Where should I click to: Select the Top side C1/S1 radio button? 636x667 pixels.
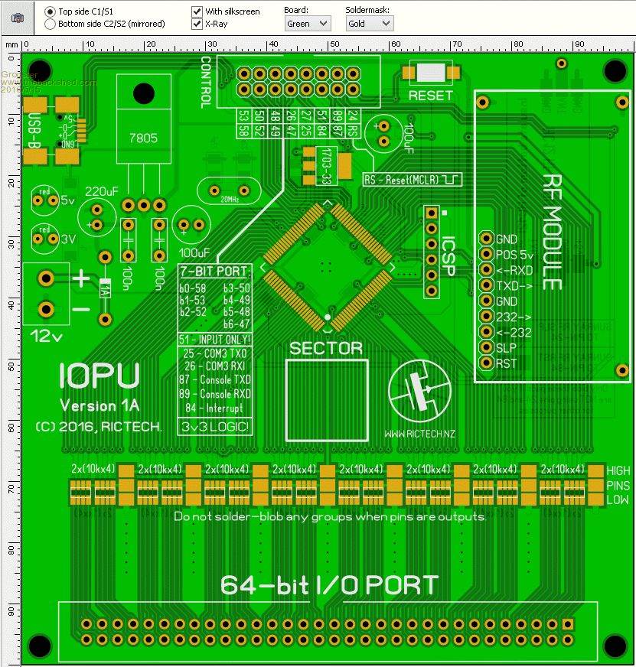tap(51, 11)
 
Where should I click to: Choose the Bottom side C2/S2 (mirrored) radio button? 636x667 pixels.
tap(51, 24)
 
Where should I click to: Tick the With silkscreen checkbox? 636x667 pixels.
tap(197, 11)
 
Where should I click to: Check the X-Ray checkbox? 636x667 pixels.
tap(197, 24)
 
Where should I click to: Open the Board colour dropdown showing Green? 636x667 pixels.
tap(307, 24)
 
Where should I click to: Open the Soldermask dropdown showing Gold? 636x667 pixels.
tap(369, 24)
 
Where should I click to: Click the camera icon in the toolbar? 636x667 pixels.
tap(17, 17)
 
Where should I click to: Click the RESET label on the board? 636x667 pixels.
tap(430, 96)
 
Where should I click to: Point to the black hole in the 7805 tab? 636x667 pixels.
tap(142, 93)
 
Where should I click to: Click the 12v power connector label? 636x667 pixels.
tap(45, 334)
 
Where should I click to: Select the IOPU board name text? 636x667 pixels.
tap(99, 376)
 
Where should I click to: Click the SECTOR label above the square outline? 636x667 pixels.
tap(326, 349)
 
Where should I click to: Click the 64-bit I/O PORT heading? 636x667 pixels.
tap(329, 585)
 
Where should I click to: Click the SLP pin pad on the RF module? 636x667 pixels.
tap(485, 348)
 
